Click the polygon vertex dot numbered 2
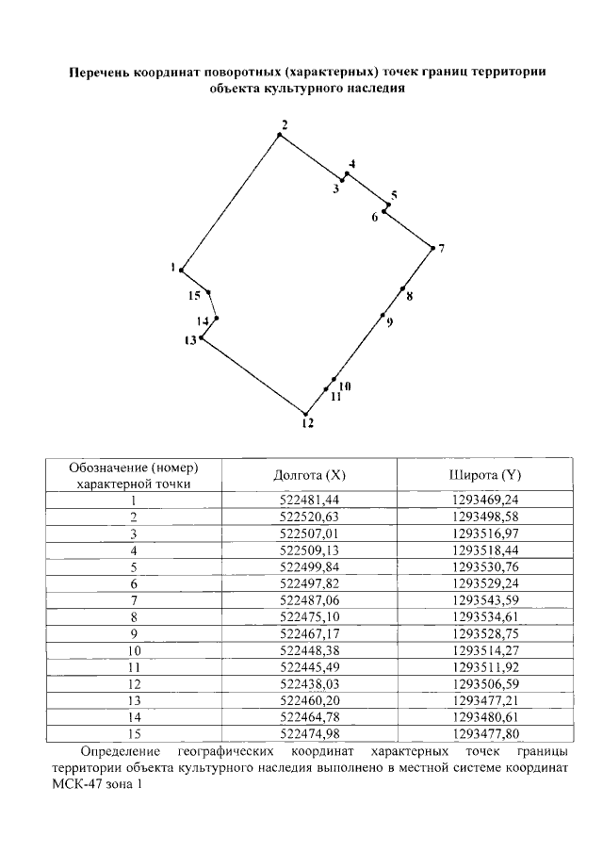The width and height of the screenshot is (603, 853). [x=279, y=136]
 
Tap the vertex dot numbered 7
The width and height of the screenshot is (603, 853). [x=431, y=248]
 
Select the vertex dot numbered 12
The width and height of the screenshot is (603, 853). [x=305, y=413]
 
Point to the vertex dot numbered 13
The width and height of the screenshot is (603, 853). [x=202, y=337]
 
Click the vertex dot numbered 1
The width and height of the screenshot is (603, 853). [x=181, y=271]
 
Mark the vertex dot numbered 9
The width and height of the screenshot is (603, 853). [x=383, y=315]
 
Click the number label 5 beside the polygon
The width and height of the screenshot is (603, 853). [x=394, y=195]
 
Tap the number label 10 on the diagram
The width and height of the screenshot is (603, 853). [x=344, y=386]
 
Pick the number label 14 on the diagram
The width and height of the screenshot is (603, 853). [x=203, y=321]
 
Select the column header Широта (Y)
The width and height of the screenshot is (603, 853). [x=486, y=475]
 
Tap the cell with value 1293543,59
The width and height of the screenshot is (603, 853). [x=486, y=599]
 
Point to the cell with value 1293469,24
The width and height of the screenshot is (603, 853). [x=486, y=500]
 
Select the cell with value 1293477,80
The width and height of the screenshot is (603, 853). [x=486, y=732]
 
